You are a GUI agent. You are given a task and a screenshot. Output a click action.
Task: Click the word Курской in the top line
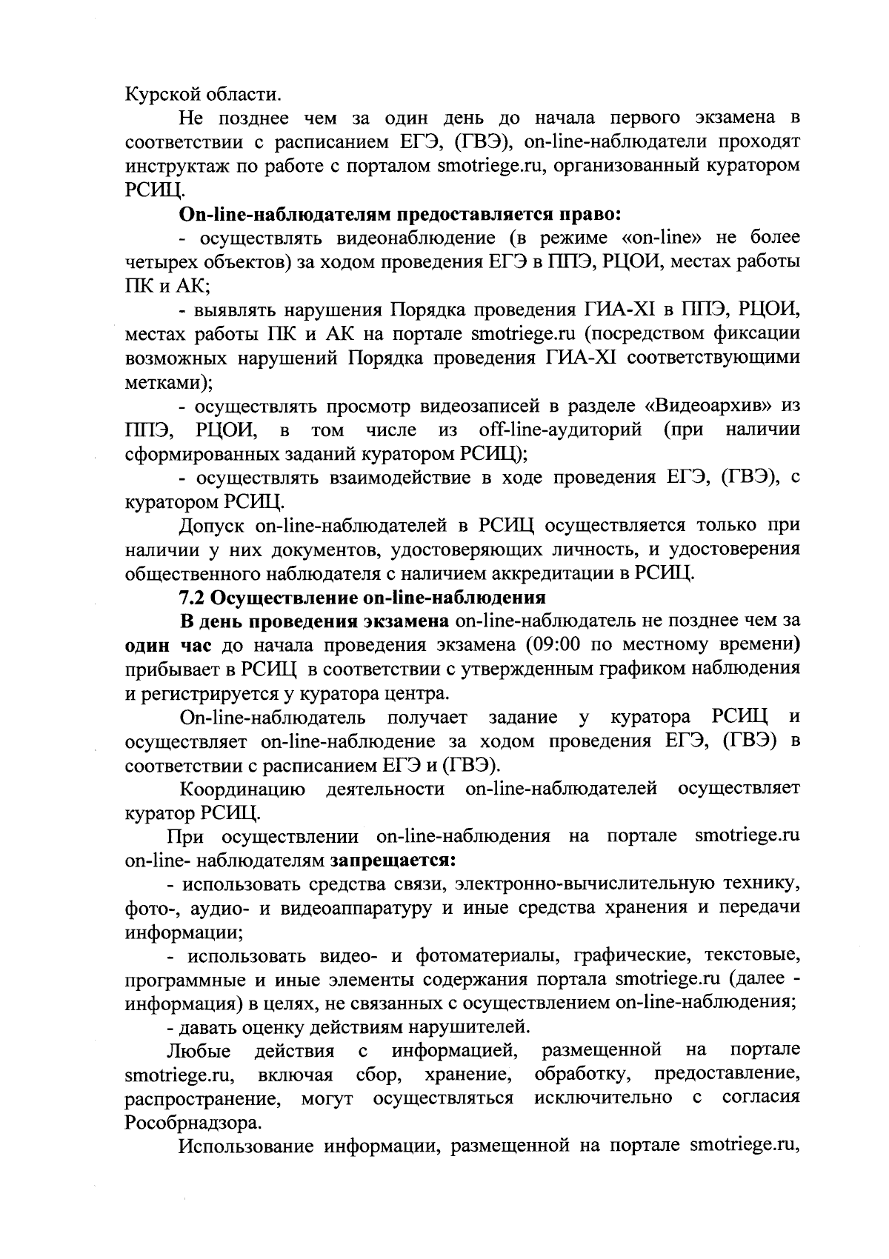pos(155,94)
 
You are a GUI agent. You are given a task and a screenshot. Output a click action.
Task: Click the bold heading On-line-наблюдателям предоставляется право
pos(400,215)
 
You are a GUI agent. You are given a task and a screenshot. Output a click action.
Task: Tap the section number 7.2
pos(194,597)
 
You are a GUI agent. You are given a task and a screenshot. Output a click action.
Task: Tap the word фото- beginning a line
pos(144,909)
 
